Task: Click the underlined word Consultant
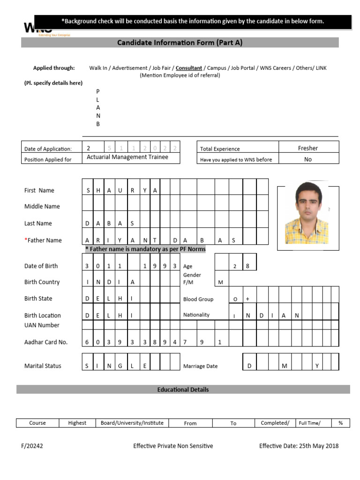coord(189,68)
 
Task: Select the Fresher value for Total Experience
coord(308,148)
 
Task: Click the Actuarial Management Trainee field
coord(127,157)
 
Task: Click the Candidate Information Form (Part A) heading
coord(180,43)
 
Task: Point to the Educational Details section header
coord(183,390)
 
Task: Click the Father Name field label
coord(43,240)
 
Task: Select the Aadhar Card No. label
coord(46,342)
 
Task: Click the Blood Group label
coord(198,299)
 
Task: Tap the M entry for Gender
coord(220,282)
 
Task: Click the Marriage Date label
coord(200,366)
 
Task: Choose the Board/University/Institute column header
coord(132,423)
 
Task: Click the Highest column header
coord(77,423)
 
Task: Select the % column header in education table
coord(340,423)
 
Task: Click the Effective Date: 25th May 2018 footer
coord(299,446)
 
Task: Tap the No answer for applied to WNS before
coord(308,159)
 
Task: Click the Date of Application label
coord(48,149)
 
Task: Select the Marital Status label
coord(43,366)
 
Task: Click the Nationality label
coord(196,315)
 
